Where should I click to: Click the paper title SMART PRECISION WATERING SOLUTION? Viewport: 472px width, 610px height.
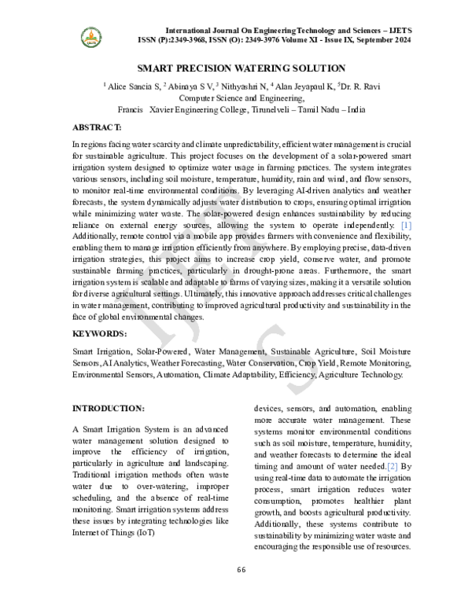point(236,68)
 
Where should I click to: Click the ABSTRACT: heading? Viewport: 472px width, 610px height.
point(96,127)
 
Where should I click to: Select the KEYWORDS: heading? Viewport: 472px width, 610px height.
point(99,333)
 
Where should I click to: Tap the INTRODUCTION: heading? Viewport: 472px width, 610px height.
point(108,409)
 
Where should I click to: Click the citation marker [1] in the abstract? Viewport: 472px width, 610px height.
point(406,226)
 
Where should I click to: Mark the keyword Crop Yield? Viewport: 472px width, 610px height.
point(315,363)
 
